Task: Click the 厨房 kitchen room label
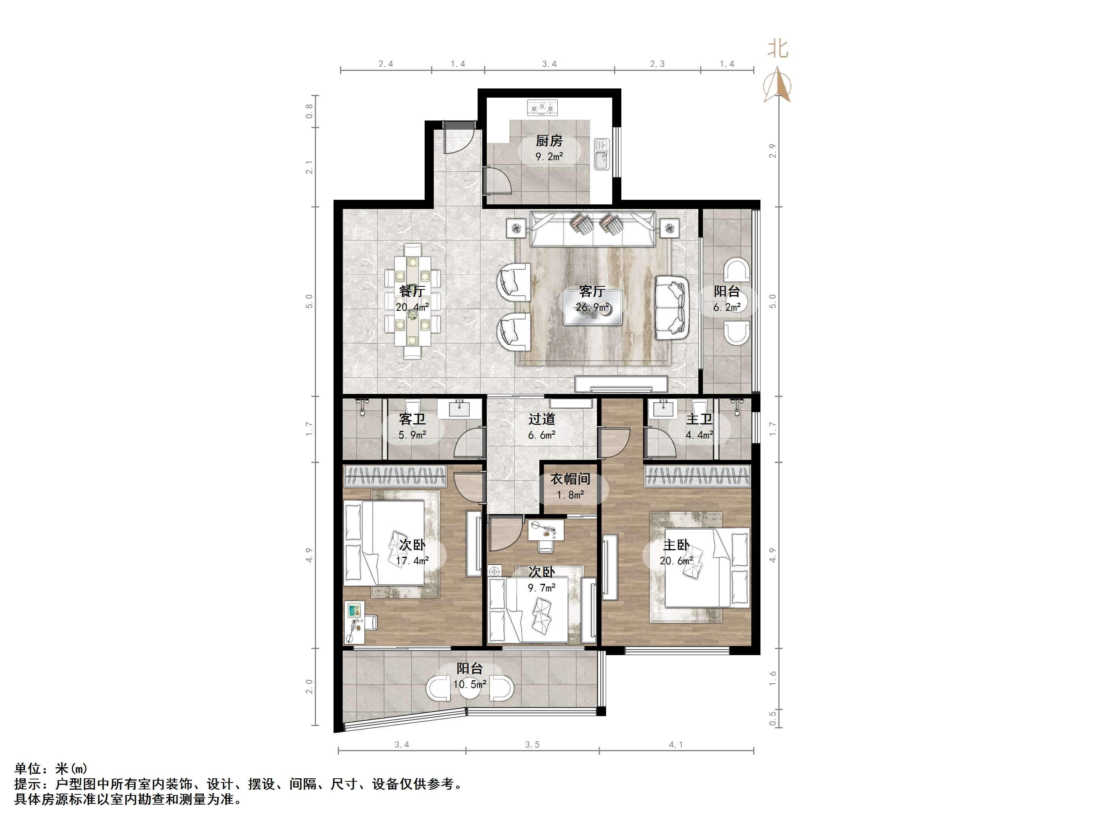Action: (549, 141)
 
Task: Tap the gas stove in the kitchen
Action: (542, 108)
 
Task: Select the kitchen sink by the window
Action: (602, 154)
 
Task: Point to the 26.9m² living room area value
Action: (592, 307)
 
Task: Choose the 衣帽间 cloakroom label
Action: (570, 479)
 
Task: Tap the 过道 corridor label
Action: (542, 419)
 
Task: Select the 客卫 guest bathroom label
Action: (412, 419)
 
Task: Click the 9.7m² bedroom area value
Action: (542, 588)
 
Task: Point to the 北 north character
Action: (778, 48)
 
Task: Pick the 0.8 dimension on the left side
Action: (310, 111)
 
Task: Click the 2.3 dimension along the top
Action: (657, 64)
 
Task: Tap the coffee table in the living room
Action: (592, 308)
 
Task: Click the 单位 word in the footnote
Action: (27, 768)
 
